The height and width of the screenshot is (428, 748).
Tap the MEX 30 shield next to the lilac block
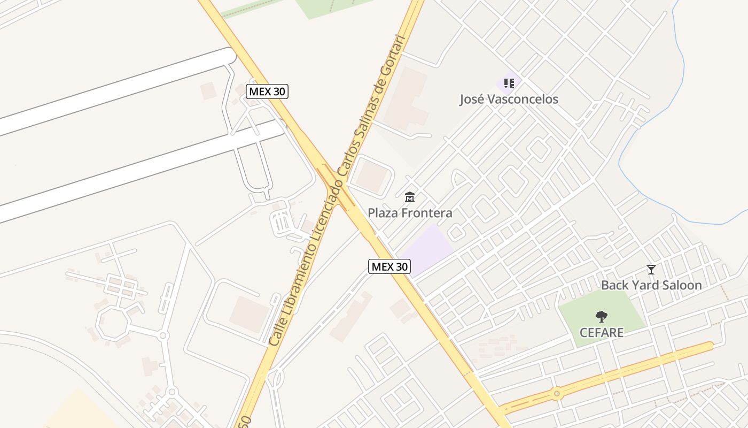[389, 266]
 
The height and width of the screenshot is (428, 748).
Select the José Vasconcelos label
[509, 99]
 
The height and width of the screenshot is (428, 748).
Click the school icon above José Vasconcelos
[509, 83]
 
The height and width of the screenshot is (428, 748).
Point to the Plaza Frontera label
[410, 213]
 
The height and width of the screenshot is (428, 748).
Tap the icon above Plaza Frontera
[410, 197]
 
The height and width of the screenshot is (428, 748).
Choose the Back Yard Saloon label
[651, 285]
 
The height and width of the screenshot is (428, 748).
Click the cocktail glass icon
[651, 269]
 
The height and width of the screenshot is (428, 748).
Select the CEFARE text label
[602, 333]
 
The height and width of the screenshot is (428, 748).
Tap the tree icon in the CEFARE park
[602, 317]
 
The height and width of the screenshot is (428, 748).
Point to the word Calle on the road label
[278, 331]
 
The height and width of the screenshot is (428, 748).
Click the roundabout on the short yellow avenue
[557, 394]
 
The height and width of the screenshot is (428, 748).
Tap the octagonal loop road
[113, 323]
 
